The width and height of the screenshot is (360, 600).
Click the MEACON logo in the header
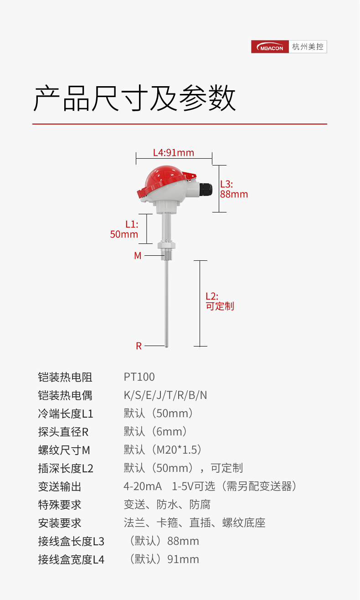pyautogui.click(x=270, y=47)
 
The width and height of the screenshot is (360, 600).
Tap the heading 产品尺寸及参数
pyautogui.click(x=134, y=98)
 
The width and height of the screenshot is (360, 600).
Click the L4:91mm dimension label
pyautogui.click(x=173, y=153)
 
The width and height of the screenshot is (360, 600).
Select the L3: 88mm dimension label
pyautogui.click(x=234, y=189)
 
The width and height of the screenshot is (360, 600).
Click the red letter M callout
pyautogui.click(x=138, y=256)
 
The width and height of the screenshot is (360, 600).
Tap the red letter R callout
pyautogui.click(x=139, y=346)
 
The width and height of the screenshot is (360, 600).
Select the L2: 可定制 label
pyautogui.click(x=219, y=301)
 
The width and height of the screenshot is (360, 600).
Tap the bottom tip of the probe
pyautogui.click(x=166, y=345)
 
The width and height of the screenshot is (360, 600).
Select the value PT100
pyautogui.click(x=139, y=377)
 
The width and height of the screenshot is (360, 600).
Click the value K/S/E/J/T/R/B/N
pyautogui.click(x=165, y=395)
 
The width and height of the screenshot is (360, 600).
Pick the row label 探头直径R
pyautogui.click(x=63, y=432)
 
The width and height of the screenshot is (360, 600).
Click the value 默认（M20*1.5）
pyautogui.click(x=163, y=450)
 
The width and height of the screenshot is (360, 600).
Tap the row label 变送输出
pyautogui.click(x=60, y=486)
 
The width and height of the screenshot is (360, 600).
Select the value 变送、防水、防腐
pyautogui.click(x=167, y=505)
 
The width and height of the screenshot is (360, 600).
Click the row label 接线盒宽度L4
pyautogui.click(x=71, y=559)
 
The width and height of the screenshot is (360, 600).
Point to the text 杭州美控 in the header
pyautogui.click(x=308, y=47)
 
